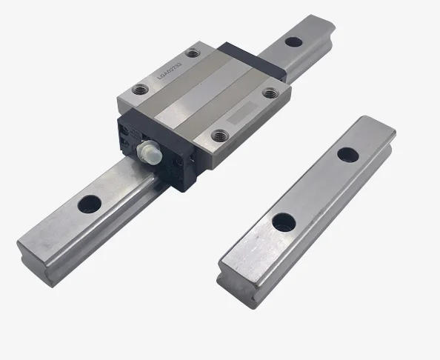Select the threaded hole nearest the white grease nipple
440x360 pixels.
click(219, 136)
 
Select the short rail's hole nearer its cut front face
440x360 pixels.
click(281, 221)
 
